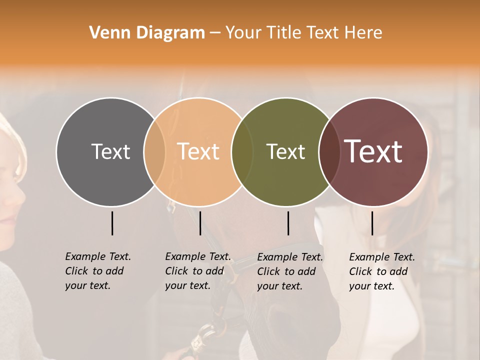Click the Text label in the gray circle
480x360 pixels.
(x=110, y=151)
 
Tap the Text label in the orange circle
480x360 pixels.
(x=198, y=151)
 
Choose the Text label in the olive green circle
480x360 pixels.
(x=285, y=151)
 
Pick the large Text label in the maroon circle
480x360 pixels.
(x=373, y=151)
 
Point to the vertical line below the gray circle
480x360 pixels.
(x=112, y=223)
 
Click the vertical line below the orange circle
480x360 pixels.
(x=200, y=223)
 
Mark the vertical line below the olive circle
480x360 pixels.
(x=288, y=223)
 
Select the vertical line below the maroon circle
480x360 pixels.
(x=372, y=223)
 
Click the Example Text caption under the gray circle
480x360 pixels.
(x=97, y=271)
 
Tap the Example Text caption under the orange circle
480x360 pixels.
(x=197, y=271)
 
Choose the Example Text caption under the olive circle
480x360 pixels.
(x=289, y=271)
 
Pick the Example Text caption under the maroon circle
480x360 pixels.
(x=381, y=271)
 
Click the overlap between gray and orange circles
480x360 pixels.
(x=154, y=151)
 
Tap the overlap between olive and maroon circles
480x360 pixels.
(x=328, y=151)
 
